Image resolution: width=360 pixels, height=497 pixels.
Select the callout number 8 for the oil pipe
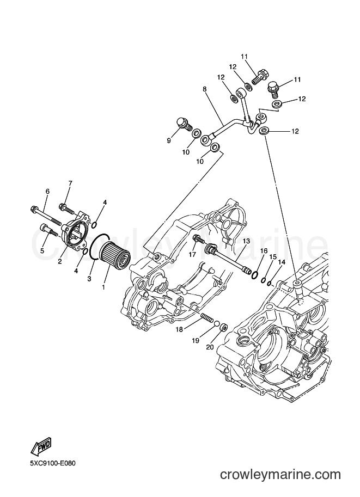[205, 89]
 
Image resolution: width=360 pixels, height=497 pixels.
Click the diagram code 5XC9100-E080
[53, 464]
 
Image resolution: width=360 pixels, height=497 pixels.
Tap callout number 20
[210, 347]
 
